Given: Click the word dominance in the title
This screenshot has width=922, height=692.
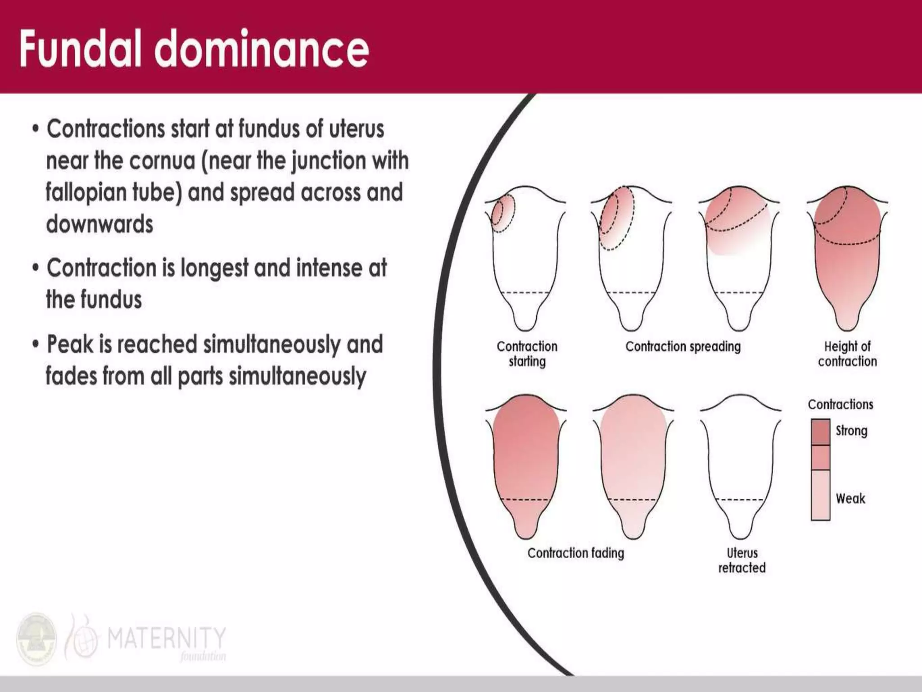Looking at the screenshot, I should tap(262, 49).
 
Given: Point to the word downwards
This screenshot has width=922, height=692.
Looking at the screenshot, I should tap(99, 224).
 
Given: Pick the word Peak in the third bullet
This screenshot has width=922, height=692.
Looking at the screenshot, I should tap(70, 345).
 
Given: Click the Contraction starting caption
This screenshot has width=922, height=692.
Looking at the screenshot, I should tap(527, 354).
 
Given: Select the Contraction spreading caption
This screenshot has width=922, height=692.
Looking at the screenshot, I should tap(683, 346).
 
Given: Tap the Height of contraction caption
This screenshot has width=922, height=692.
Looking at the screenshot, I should tap(847, 354).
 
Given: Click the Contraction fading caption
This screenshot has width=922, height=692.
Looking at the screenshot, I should tap(576, 553).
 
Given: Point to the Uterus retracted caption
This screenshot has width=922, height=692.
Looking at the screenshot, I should tap(742, 560).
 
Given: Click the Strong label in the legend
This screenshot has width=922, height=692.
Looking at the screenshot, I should tap(851, 431).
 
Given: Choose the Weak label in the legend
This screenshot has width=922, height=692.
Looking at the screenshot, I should tap(850, 498).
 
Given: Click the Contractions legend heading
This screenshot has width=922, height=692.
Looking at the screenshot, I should tap(840, 404).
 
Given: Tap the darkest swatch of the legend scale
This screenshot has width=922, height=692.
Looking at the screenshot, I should tap(820, 432).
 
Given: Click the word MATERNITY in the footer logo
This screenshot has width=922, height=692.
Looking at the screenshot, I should tap(166, 638).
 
